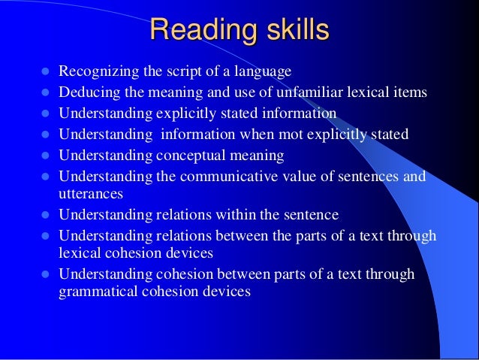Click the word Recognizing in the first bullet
coord(95,73)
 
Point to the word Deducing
coord(86,93)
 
